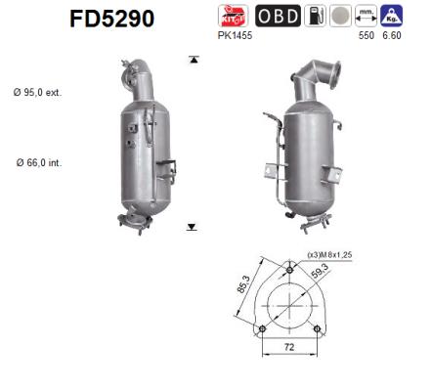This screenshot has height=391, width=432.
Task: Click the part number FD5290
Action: point(112,19)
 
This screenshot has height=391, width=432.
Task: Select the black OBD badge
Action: point(279,17)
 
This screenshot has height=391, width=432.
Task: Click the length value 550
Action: point(368,35)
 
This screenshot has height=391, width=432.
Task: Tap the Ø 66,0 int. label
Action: point(39,161)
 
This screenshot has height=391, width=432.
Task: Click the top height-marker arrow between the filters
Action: point(193,60)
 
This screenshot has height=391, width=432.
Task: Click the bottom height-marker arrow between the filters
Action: point(193,226)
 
